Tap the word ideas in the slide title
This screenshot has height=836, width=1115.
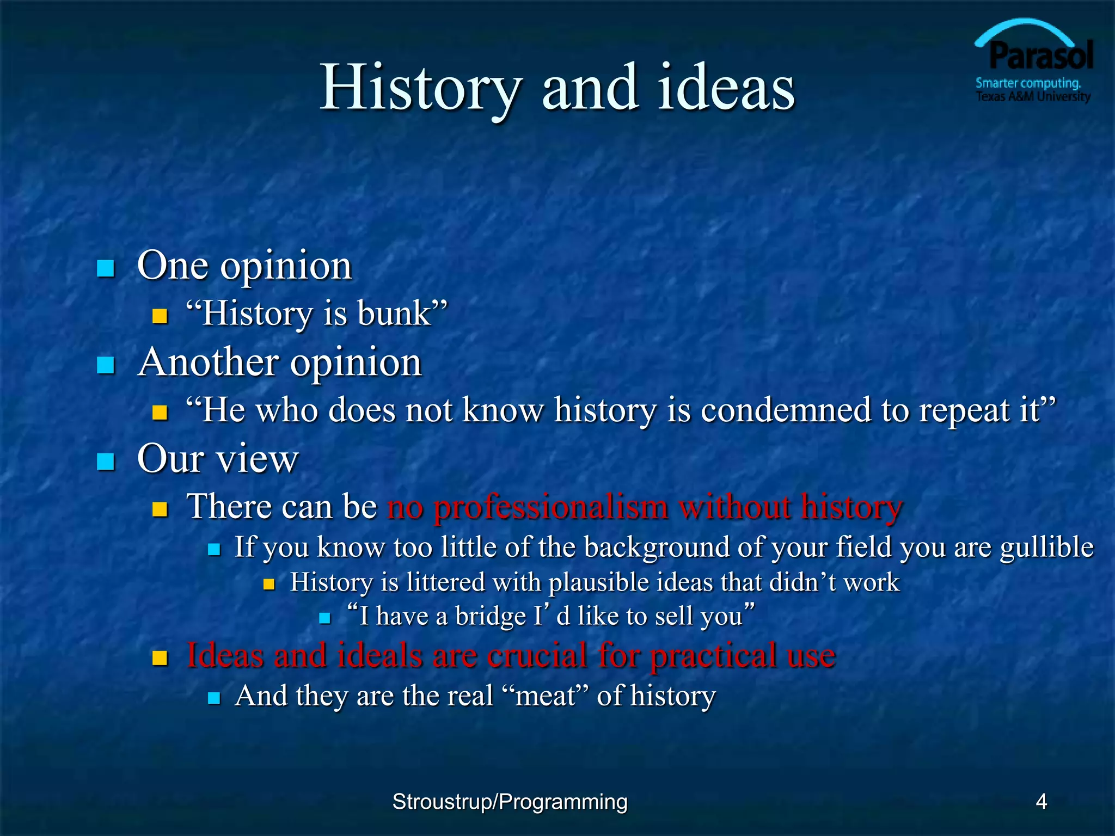coord(726,88)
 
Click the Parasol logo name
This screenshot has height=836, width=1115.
coord(1040,56)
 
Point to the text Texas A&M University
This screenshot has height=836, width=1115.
coord(1033,97)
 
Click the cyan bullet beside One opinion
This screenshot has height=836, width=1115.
coord(106,268)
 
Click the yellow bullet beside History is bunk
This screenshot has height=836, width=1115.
coord(160,316)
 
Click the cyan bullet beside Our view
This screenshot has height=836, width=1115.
coord(106,461)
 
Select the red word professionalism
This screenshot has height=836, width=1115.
coord(550,507)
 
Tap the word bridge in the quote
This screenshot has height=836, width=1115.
coord(491,617)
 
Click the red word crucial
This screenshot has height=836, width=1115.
coord(537,655)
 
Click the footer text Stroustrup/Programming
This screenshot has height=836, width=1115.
coord(510,802)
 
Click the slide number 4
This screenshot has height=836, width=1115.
coord(1041,802)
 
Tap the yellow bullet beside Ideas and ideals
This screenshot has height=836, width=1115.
coord(160,658)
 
